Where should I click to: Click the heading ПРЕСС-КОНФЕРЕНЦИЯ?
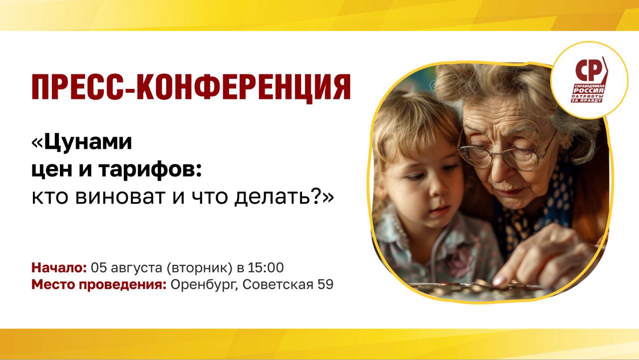[191, 87]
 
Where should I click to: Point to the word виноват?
[120, 197]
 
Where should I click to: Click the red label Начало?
[59, 268]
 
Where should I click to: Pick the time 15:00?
[266, 268]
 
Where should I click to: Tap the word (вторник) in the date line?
[199, 268]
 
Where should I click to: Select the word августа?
[137, 269]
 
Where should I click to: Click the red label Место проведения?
[99, 285]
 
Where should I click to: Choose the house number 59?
[325, 285]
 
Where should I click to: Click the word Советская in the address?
[278, 285]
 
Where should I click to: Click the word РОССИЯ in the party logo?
[588, 90]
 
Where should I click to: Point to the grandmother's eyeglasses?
[506, 154]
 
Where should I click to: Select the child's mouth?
[436, 211]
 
